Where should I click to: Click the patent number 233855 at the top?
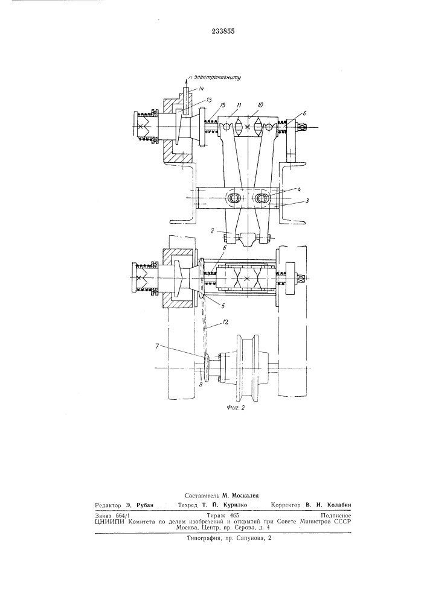(223, 31)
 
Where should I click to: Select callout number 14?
(201, 89)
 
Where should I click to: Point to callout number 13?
(209, 100)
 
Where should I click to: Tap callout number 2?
(223, 231)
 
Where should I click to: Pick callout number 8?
(201, 383)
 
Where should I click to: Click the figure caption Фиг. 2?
(236, 408)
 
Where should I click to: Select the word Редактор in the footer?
(108, 505)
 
